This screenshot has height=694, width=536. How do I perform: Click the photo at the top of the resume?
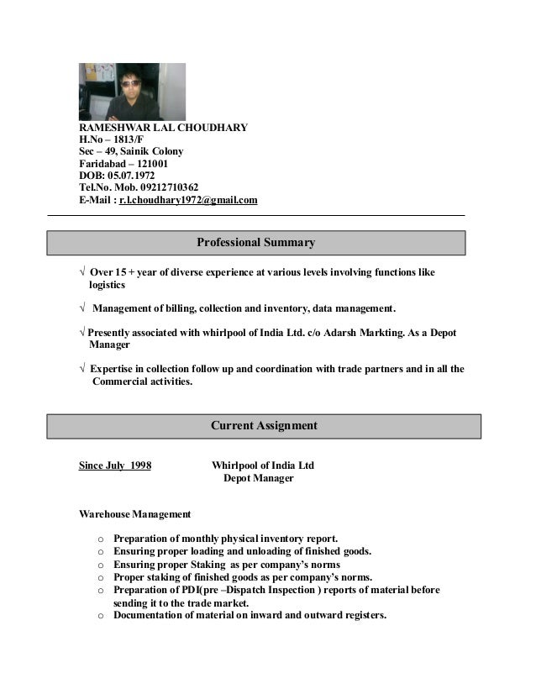tap(132, 92)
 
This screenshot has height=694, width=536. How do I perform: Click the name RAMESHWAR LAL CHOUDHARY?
tap(163, 129)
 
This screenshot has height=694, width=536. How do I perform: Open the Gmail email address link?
tap(188, 200)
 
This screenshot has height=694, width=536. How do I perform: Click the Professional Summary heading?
tap(255, 243)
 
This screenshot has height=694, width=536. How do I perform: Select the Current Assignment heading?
tap(264, 426)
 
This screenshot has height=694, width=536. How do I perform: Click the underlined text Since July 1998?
tap(115, 465)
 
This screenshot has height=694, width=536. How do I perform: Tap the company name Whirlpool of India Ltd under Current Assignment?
tap(263, 465)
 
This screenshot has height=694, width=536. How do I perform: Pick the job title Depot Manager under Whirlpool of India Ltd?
tap(258, 478)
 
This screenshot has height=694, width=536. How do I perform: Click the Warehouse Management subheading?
tap(134, 513)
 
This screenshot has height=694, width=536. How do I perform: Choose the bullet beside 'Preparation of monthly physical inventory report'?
tap(101, 539)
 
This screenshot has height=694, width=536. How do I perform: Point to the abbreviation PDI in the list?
tap(184, 590)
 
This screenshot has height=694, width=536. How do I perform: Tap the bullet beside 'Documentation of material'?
tap(101, 616)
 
